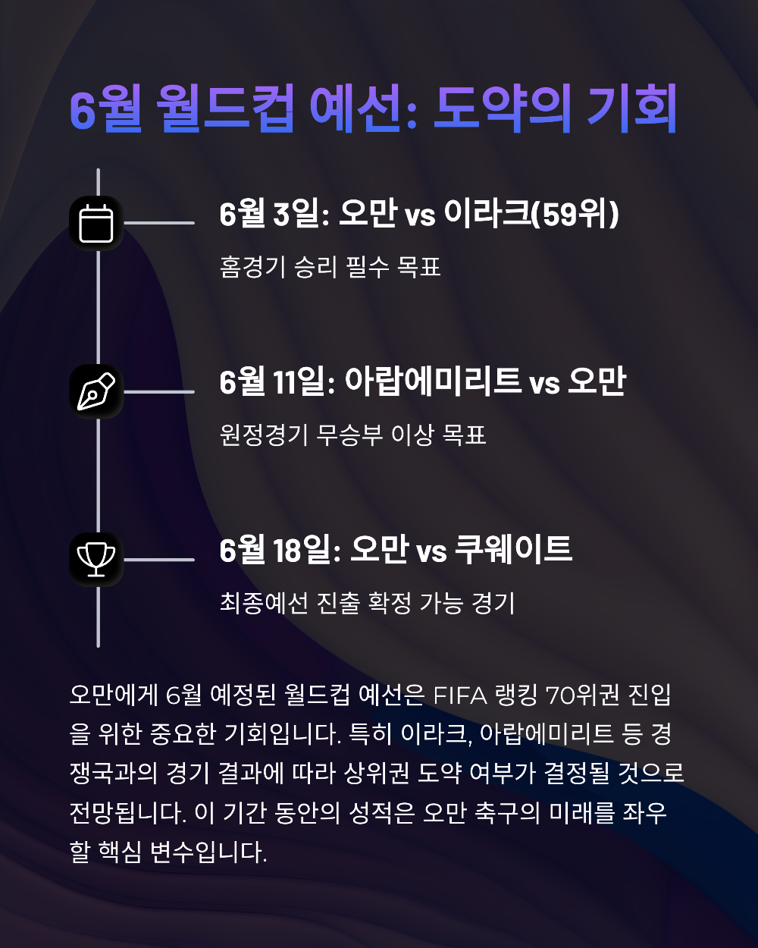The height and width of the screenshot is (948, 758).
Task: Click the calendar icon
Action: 96,223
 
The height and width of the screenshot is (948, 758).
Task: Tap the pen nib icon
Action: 96,391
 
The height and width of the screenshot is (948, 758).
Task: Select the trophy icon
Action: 96,559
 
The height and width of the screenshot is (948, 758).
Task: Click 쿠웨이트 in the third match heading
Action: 513,551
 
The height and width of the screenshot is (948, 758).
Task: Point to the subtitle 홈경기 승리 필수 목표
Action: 330,268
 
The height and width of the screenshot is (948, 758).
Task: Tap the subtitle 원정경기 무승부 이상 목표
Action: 352,435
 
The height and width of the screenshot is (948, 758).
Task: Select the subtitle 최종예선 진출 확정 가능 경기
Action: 367,604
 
